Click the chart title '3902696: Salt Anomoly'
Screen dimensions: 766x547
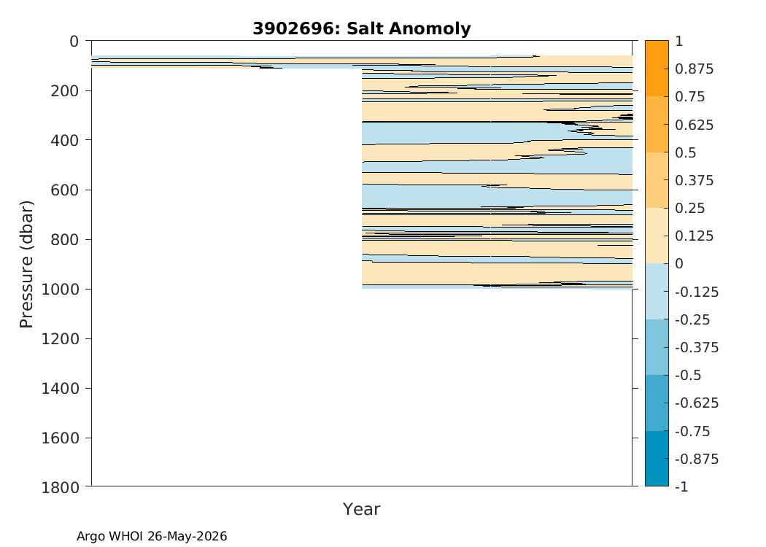(x=362, y=28)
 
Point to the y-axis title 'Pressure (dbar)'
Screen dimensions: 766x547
(x=26, y=264)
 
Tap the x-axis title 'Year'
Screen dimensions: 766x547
(x=362, y=509)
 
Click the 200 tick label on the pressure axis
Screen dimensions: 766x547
(x=64, y=90)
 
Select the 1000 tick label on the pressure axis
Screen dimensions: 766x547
(x=60, y=289)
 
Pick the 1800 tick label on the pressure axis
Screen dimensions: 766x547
(x=60, y=487)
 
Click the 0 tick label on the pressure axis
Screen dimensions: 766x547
(x=74, y=42)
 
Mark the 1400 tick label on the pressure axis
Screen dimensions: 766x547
(x=60, y=388)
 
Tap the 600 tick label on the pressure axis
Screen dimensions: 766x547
(x=64, y=190)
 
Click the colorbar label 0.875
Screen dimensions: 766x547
(x=695, y=69)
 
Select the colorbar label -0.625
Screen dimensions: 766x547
(x=697, y=403)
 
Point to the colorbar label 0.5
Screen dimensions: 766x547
(x=686, y=153)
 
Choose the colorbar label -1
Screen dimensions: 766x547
(x=682, y=486)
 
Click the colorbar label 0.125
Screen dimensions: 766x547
(x=695, y=236)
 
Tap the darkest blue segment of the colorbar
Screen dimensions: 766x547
(x=657, y=458)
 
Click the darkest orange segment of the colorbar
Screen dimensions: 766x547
(x=657, y=69)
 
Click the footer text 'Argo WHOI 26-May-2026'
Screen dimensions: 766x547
(x=152, y=536)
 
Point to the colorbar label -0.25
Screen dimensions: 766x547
(x=692, y=319)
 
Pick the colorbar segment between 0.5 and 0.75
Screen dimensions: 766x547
(x=657, y=124)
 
